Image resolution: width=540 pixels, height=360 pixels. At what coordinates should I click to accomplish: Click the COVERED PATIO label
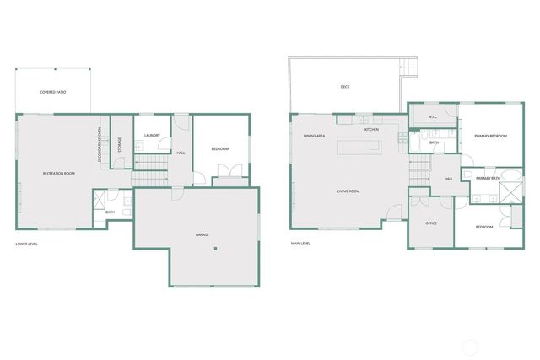pos(54,91)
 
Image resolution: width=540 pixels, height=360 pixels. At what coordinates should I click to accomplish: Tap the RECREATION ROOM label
pos(59,173)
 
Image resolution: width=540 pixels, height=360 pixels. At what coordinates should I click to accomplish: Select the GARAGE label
pos(202,234)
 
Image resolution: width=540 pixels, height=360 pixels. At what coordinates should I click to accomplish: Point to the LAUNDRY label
pos(152,135)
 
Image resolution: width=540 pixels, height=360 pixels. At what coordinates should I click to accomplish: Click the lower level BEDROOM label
pos(220,149)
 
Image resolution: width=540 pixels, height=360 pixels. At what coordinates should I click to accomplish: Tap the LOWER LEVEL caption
pos(26,244)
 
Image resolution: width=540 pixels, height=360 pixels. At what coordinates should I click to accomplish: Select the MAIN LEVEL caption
pos(300,244)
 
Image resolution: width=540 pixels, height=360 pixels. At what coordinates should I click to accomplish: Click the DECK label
pos(345,86)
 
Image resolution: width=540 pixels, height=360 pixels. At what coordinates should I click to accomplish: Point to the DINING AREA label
pos(315,135)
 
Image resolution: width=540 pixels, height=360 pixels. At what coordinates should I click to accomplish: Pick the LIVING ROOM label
pos(348,191)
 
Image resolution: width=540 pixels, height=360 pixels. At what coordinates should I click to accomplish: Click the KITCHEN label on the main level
pos(371,130)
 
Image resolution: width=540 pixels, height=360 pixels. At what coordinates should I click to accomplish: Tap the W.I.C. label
pos(432,116)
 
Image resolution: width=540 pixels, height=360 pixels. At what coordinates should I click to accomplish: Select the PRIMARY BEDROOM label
pos(489,136)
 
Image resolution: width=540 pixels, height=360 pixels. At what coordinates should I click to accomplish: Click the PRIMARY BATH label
pos(488,178)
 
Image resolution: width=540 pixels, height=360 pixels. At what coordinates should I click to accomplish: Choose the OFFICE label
pos(430,223)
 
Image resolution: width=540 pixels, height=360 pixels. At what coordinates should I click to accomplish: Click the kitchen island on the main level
pos(359,148)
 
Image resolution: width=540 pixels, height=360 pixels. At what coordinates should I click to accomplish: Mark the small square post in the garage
pos(215,248)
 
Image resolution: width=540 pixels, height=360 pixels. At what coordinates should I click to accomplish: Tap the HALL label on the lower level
pos(181,153)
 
